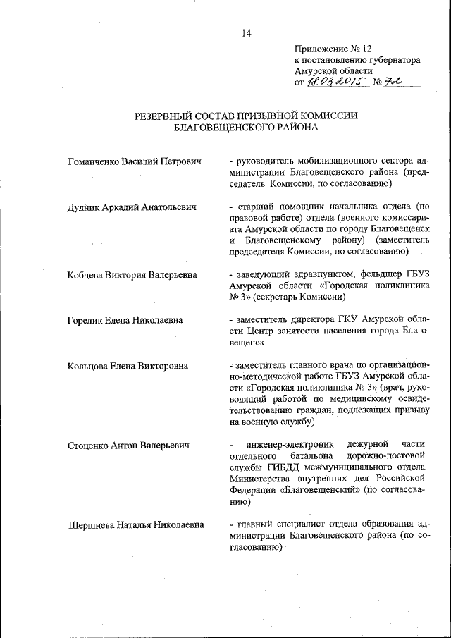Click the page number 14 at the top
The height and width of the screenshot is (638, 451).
[x=246, y=32]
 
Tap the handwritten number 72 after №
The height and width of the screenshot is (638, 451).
[x=401, y=82]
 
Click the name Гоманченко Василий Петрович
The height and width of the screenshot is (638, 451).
[x=135, y=161]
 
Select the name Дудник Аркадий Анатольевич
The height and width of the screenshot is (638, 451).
[x=132, y=207]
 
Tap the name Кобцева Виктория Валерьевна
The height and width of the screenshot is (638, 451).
[x=132, y=274]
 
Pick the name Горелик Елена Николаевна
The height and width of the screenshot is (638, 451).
[x=125, y=319]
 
